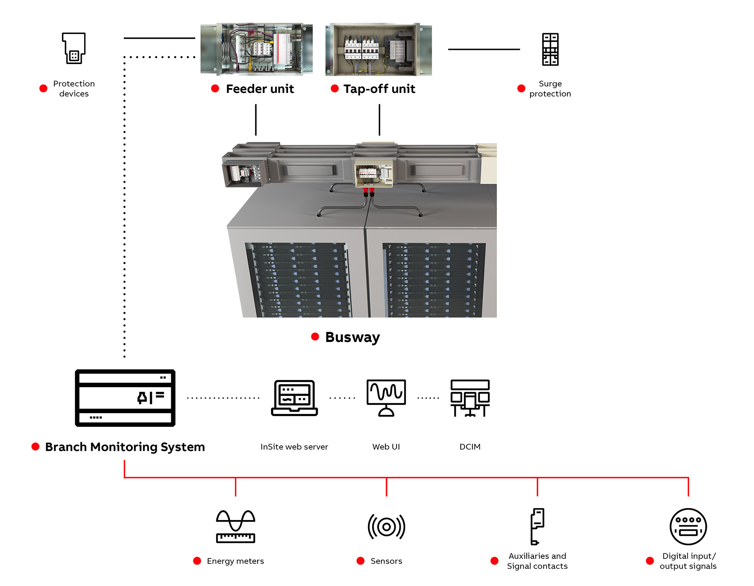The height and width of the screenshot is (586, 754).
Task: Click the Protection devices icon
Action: pyautogui.click(x=74, y=48)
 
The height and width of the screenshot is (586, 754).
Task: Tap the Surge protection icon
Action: pyautogui.click(x=550, y=49)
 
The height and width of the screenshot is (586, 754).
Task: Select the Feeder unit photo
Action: pyautogui.click(x=256, y=49)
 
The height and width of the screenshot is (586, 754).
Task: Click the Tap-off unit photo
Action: pyautogui.click(x=379, y=49)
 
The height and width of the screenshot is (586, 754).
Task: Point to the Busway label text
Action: pyautogui.click(x=352, y=337)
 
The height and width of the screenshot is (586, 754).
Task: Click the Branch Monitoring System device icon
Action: pyautogui.click(x=125, y=398)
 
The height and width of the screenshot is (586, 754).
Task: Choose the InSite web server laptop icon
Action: pyautogui.click(x=294, y=398)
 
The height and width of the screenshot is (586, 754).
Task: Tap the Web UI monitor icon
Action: pyautogui.click(x=386, y=398)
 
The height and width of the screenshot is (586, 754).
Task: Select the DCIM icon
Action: pyautogui.click(x=470, y=398)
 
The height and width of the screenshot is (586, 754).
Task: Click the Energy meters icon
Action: pyautogui.click(x=236, y=526)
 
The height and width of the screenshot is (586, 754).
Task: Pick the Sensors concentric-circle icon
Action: pyautogui.click(x=386, y=526)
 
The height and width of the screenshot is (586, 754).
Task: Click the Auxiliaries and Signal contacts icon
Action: pyautogui.click(x=537, y=526)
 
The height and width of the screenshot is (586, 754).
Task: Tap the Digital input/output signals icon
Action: pyautogui.click(x=688, y=526)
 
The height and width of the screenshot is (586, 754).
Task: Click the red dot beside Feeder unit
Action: pyautogui.click(x=215, y=89)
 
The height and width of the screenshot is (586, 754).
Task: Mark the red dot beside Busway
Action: pyautogui.click(x=315, y=337)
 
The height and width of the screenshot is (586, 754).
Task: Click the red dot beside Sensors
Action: pyautogui.click(x=360, y=561)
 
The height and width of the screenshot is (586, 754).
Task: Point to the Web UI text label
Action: pyautogui.click(x=386, y=447)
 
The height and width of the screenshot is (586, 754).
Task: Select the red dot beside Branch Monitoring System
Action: pyautogui.click(x=35, y=447)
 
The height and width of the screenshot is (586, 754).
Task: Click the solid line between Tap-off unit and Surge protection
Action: pyautogui.click(x=484, y=49)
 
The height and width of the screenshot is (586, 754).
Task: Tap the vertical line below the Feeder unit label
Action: pyautogui.click(x=256, y=120)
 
